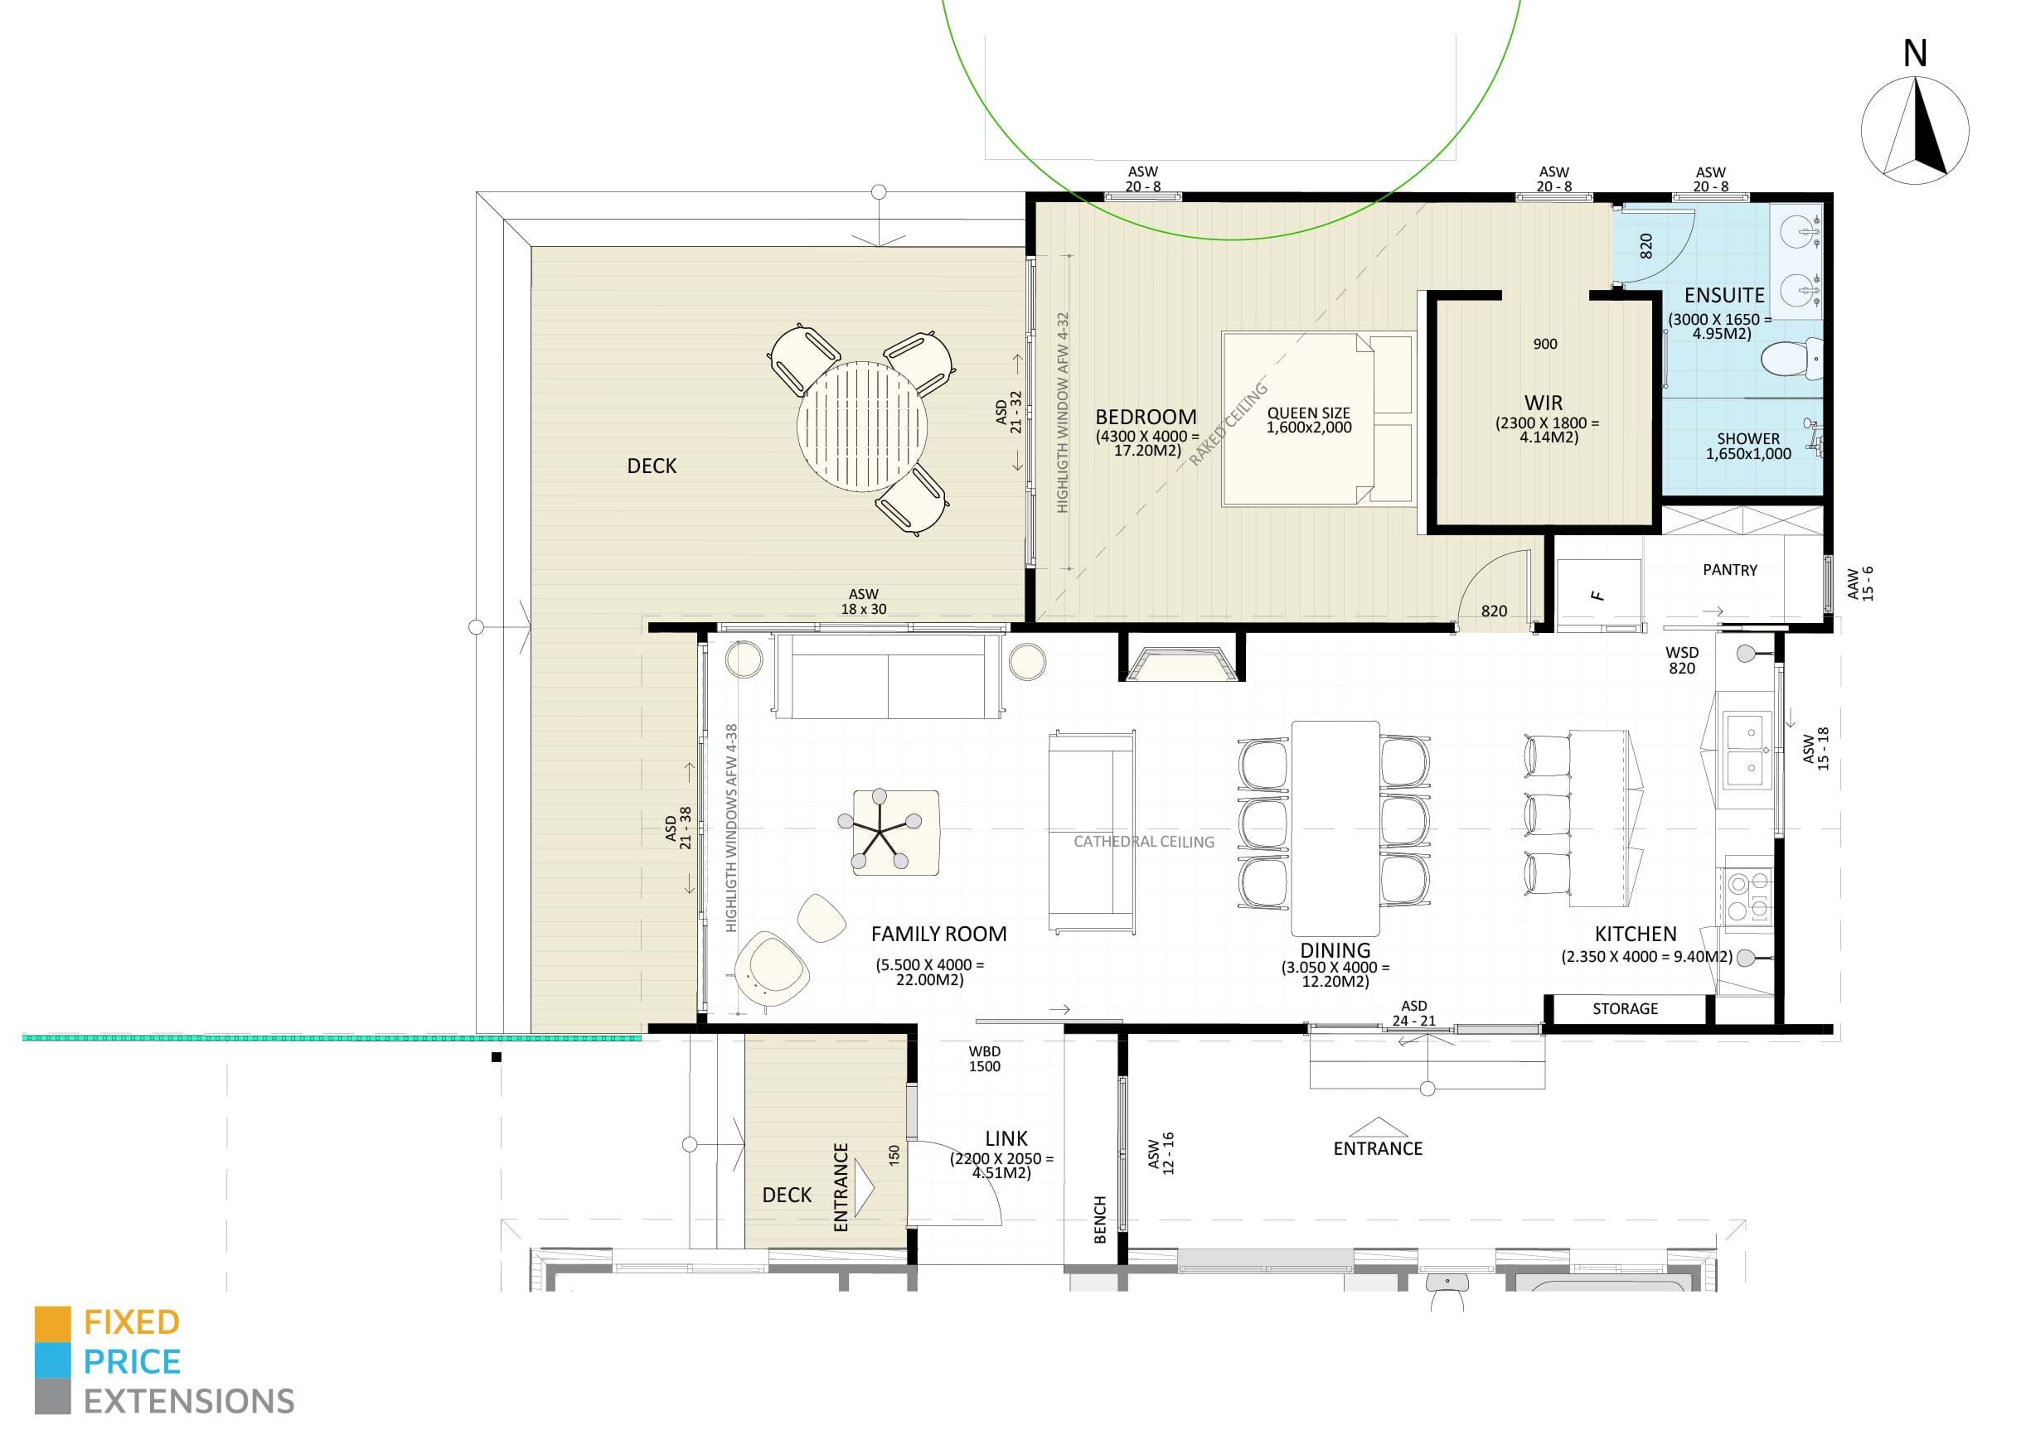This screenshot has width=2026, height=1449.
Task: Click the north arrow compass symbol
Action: [1913, 131]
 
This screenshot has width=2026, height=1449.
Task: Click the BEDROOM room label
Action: [1145, 418]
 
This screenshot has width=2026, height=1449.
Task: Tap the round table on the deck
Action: [861, 427]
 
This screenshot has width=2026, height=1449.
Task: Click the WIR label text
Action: [1544, 403]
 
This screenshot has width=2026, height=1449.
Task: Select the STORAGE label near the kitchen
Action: [1625, 1009]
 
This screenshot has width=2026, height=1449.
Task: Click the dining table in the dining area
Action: [1335, 827]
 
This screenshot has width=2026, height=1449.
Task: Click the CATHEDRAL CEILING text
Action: [1143, 842]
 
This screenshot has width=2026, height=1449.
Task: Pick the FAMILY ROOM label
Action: [938, 935]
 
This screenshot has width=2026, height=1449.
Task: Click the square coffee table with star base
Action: [895, 832]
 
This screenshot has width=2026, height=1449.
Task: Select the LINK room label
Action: [1006, 1138]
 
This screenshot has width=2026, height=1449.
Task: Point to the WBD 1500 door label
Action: [985, 1059]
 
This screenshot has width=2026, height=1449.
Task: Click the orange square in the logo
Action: [53, 1323]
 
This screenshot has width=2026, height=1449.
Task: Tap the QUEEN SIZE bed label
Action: [1308, 419]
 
